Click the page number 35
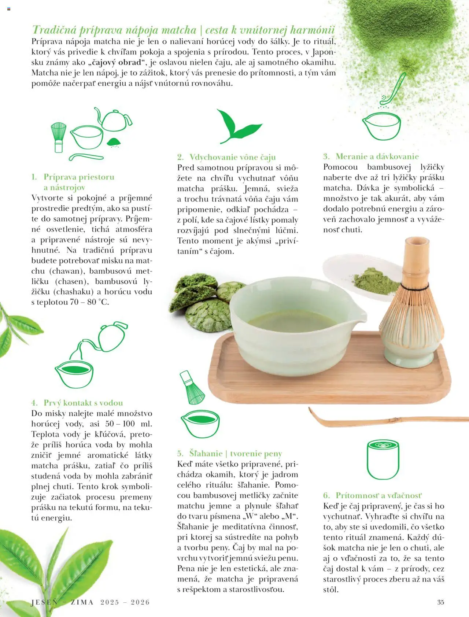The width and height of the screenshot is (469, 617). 440,602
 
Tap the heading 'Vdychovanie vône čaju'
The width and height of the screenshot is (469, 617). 232,157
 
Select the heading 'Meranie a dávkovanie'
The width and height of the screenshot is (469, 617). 377,156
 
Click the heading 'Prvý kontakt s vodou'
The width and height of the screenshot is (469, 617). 83,403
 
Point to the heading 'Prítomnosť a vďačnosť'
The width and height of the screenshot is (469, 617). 378,496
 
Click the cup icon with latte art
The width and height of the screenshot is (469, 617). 383,460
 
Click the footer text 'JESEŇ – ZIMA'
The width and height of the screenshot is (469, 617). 62,602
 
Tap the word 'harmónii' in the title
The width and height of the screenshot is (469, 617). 312,30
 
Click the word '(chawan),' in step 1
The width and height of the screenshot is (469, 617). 65,271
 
